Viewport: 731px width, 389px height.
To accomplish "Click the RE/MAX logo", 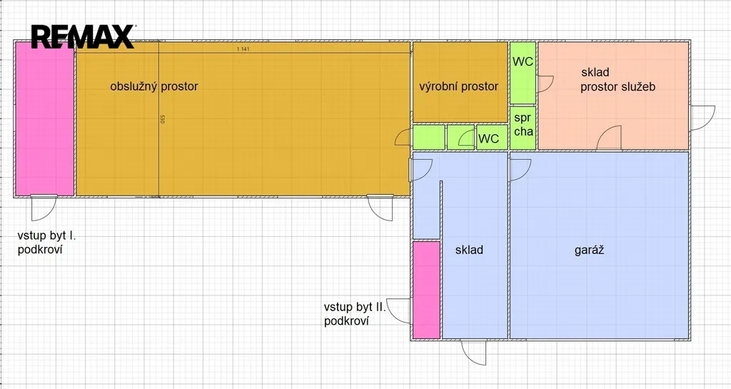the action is point(83,37).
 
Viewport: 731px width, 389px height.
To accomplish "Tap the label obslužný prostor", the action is point(154,86).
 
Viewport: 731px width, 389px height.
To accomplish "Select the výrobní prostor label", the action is point(459,86).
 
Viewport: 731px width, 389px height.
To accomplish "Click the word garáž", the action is point(589,250).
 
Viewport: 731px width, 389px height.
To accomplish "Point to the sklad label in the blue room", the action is point(469,250).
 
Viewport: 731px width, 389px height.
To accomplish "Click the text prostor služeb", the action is point(617,86).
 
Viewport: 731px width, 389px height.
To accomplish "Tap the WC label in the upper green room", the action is point(523,61).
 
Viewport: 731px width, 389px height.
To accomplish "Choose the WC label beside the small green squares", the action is point(488,138).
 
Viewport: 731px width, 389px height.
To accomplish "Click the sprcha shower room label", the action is point(523,125).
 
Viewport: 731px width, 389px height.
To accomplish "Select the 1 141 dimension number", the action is point(243,49).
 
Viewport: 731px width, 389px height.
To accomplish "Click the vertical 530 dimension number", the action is point(162,119).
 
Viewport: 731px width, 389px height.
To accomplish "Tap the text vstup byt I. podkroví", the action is point(46,242).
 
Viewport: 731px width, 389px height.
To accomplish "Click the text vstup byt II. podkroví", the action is point(356,314).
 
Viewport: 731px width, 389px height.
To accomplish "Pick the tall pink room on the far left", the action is point(45,118).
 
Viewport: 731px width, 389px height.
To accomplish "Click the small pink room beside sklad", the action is point(427,289).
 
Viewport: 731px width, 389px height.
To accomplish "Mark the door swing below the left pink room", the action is point(44,208).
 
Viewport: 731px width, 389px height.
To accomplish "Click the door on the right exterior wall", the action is point(702,118).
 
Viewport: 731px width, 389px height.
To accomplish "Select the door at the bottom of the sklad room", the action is point(474,353).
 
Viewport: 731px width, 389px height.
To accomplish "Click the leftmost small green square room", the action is point(429,138).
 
